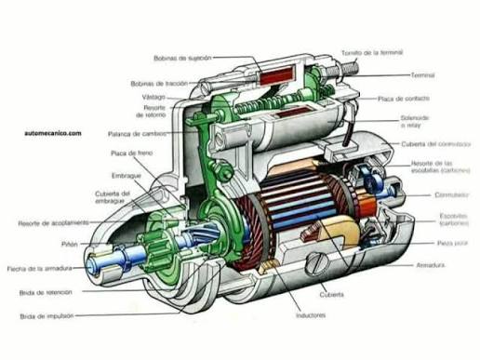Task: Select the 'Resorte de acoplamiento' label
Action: tap(54, 223)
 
